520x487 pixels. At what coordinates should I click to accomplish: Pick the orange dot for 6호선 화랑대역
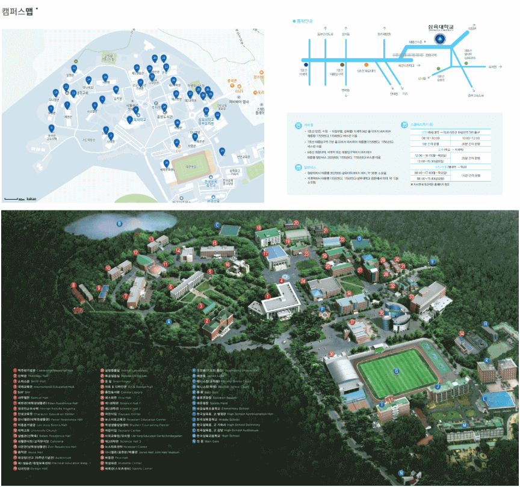click(365, 63)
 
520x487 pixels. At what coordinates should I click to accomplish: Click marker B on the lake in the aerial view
click(119, 224)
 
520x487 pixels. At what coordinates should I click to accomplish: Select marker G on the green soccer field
click(396, 371)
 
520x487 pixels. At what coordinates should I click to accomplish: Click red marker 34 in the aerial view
click(462, 332)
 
